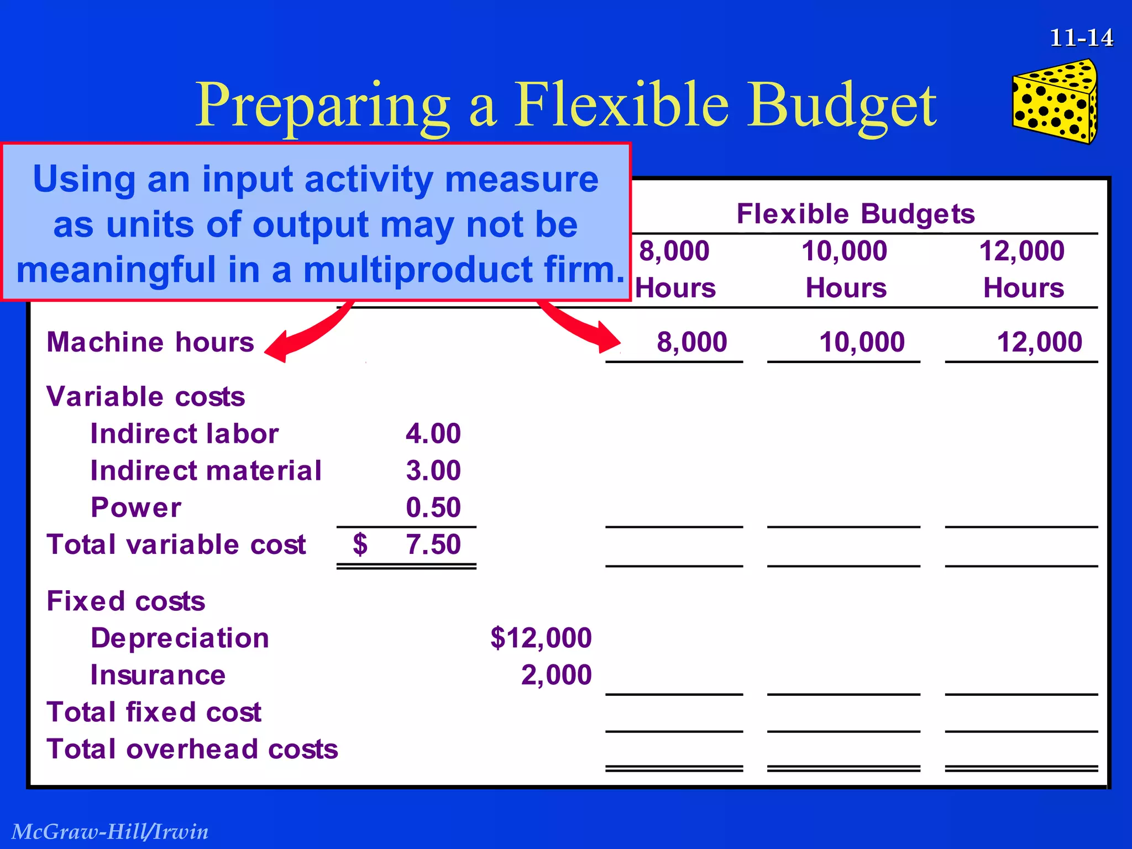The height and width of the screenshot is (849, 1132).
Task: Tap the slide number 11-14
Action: [x=1081, y=38]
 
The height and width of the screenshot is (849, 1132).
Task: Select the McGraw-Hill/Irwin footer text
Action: [x=110, y=831]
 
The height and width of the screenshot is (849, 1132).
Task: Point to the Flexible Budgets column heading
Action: [x=856, y=214]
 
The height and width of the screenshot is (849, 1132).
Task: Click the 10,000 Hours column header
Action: [x=845, y=269]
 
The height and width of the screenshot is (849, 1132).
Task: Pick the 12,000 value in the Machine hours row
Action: [x=1039, y=342]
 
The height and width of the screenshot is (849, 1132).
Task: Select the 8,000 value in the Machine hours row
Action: [x=691, y=342]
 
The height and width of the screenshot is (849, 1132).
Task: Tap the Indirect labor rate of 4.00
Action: [x=433, y=433]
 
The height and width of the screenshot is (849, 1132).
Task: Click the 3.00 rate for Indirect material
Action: [x=433, y=470]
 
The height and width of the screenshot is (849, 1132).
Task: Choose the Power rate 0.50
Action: [x=433, y=507]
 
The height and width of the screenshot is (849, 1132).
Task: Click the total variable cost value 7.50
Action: [x=433, y=544]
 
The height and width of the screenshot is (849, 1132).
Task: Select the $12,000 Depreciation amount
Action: [x=541, y=638]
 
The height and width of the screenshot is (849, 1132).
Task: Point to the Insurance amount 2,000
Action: [x=556, y=675]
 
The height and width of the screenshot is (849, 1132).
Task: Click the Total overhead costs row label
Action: [x=192, y=750]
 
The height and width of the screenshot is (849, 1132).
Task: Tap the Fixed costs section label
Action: [x=125, y=601]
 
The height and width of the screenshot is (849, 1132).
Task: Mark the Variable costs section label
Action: [x=145, y=397]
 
